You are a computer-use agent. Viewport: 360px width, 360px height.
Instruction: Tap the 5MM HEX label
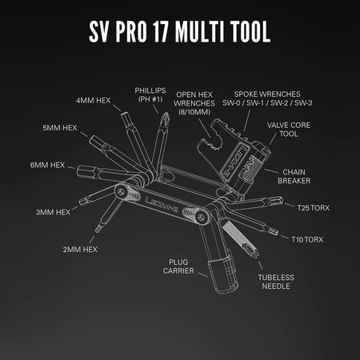[60, 127]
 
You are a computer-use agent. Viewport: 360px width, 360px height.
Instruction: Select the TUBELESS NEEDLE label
[276, 282]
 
